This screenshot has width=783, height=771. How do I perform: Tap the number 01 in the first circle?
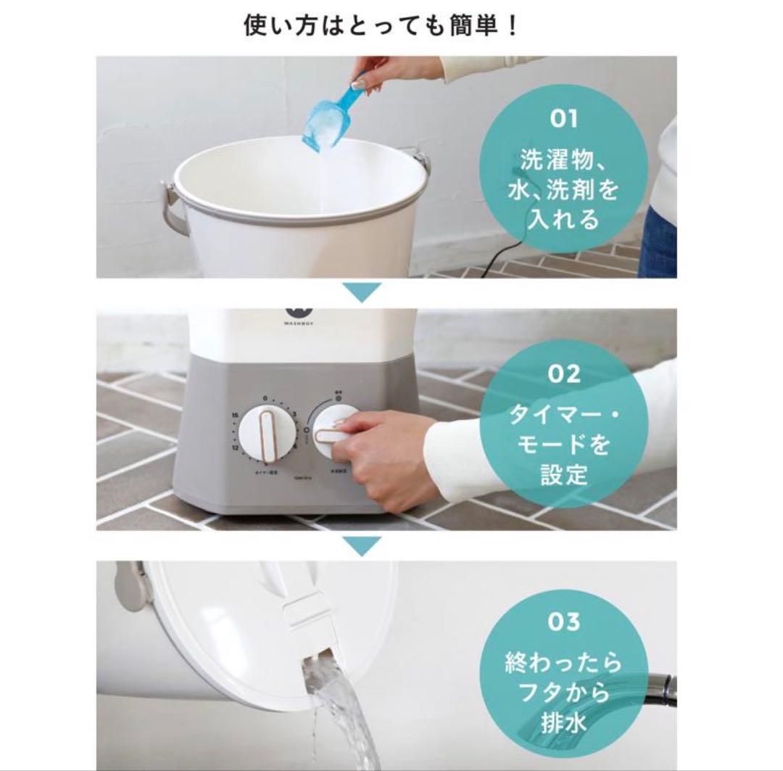[564, 118]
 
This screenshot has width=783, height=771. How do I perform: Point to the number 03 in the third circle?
[564, 622]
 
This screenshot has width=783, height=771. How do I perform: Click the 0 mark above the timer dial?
[266, 398]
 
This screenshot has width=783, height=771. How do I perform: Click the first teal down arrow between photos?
[360, 293]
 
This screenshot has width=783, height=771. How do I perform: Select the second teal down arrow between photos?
[360, 545]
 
